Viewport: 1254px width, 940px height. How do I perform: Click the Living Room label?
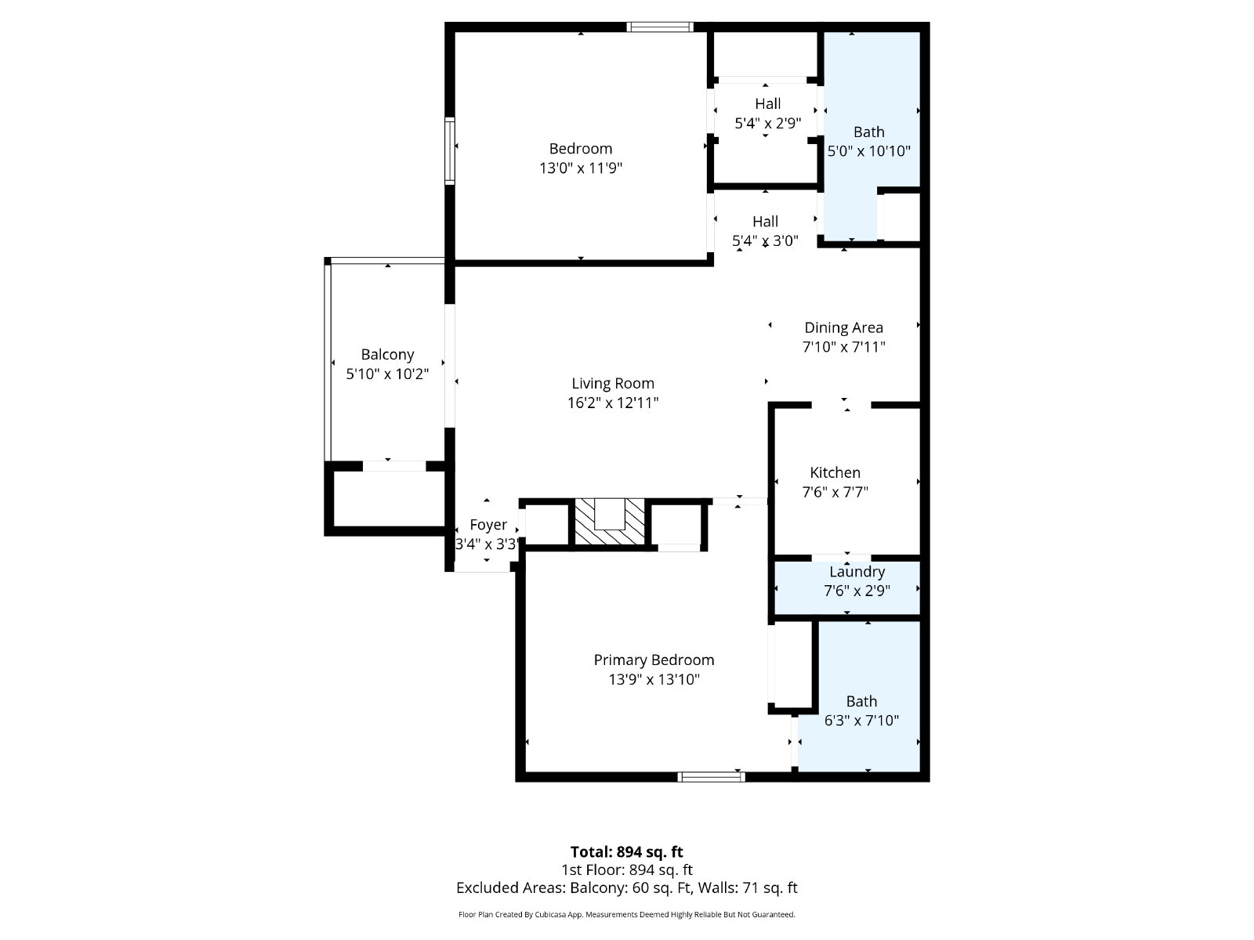tap(612, 384)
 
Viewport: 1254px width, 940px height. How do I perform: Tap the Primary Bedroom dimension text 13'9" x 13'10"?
tap(654, 679)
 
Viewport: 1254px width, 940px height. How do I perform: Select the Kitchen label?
tap(835, 472)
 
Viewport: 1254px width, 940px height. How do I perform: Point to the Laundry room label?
tap(857, 572)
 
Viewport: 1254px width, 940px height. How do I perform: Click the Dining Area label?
tap(843, 327)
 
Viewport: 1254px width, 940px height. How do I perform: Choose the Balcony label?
tap(387, 355)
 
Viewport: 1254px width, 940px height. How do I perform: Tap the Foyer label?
tap(488, 525)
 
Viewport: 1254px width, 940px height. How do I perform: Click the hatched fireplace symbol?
tap(609, 522)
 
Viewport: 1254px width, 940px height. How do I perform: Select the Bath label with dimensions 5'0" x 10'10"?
tap(869, 132)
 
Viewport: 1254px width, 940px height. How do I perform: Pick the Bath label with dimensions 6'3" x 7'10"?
tap(861, 701)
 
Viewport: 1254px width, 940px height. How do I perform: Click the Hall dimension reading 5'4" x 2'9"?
tap(768, 123)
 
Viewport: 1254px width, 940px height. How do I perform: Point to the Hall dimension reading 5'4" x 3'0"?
tap(765, 240)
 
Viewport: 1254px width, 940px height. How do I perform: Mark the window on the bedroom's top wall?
tap(660, 27)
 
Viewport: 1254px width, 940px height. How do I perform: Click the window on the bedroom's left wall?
tap(450, 150)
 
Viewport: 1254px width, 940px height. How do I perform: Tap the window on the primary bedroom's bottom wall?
tap(712, 777)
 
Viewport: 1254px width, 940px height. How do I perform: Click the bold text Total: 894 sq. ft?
tap(627, 852)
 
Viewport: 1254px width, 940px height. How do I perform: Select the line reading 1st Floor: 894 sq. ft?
tap(627, 870)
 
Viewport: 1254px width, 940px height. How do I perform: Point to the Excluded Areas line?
tap(627, 888)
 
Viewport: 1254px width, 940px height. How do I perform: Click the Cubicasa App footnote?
tap(627, 915)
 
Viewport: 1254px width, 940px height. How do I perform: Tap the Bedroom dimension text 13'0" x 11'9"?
tap(581, 168)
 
